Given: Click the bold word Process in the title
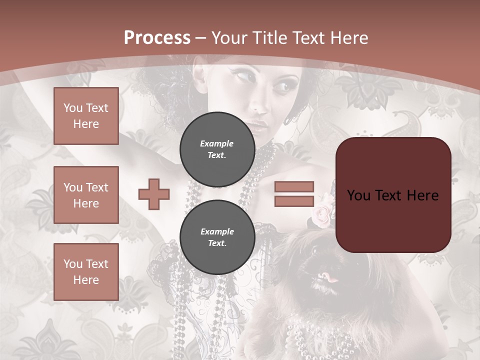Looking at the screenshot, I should (157, 38).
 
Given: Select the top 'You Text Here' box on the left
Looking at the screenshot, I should (86, 116).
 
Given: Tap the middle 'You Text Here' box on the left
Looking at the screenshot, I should (86, 195).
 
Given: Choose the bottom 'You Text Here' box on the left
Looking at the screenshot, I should (86, 272).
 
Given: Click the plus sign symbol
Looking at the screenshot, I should (154, 194).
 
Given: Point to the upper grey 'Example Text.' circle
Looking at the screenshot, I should (217, 149).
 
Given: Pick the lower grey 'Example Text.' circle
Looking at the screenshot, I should (217, 237).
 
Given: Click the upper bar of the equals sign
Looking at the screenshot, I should (294, 186).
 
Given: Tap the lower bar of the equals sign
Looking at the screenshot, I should (294, 201).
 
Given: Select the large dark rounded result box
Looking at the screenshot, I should (393, 195).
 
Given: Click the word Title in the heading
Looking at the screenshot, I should (270, 38).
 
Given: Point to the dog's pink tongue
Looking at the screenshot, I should (328, 276).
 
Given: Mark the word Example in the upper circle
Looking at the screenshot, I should (217, 143).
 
